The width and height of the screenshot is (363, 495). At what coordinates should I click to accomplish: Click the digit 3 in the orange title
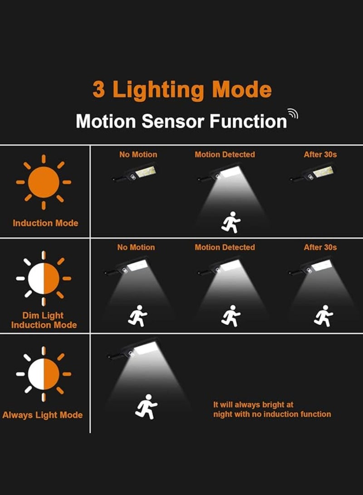pos(98,89)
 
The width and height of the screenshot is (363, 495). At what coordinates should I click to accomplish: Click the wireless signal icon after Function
pos(293,113)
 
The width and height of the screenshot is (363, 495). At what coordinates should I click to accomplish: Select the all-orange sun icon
pos(44,182)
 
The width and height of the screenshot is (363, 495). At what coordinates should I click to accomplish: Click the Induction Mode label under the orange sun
pos(45,223)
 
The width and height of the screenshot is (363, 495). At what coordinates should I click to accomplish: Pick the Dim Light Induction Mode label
pos(44,320)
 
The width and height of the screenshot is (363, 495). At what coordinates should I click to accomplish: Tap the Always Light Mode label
pos(43,415)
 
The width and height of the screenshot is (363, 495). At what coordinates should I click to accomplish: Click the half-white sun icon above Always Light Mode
pos(44,374)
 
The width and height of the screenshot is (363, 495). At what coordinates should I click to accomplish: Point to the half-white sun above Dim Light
pos(44,279)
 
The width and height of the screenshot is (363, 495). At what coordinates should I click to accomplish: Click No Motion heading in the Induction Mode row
pos(138,155)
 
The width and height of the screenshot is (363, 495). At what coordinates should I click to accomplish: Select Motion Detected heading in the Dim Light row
pos(225,247)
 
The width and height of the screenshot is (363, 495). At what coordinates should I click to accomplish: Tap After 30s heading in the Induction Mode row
pos(320,155)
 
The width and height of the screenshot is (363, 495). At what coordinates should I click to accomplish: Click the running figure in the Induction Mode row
pos(231,223)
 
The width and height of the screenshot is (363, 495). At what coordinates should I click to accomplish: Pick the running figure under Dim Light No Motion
pos(137,316)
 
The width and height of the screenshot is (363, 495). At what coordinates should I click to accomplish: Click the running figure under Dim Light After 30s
pos(324,316)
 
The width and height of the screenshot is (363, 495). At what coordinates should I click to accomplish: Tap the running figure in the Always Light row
pos(146,407)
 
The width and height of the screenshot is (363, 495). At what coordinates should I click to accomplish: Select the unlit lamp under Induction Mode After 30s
pos(313,174)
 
